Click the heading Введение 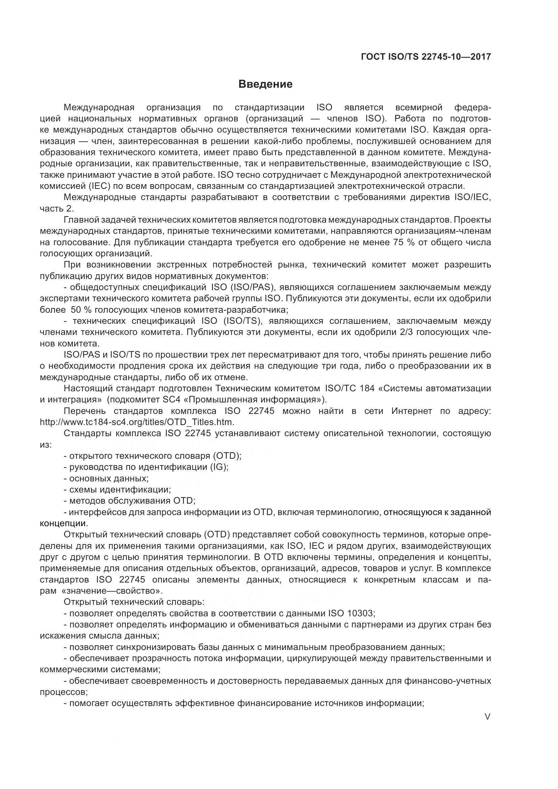click(x=265, y=84)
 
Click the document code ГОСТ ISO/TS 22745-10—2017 click(x=426, y=57)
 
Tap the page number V click(x=487, y=716)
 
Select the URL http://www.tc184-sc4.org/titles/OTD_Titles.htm click(x=137, y=422)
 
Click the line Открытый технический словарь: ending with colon click(x=134, y=602)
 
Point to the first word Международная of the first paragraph click(x=99, y=108)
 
